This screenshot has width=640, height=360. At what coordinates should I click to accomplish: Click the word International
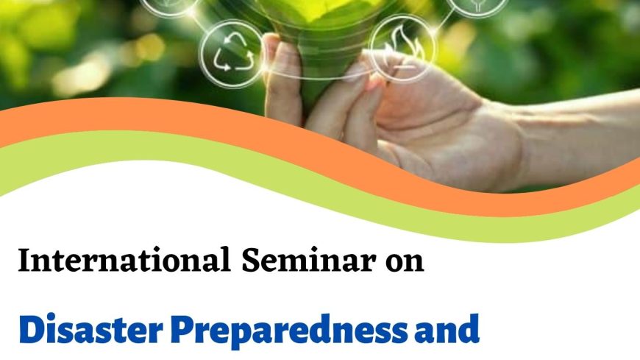(124, 260)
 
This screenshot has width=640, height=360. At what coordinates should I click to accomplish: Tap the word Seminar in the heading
(308, 260)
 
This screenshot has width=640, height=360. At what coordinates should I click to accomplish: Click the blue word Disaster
(91, 329)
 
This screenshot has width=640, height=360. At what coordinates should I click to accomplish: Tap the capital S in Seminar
(250, 260)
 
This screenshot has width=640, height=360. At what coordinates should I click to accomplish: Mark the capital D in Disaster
(32, 329)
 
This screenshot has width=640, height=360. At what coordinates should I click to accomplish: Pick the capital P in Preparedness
(182, 329)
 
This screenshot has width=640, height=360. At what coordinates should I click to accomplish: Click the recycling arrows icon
(230, 54)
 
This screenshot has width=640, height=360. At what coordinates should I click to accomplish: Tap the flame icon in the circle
(402, 47)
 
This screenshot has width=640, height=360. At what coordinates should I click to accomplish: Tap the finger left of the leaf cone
(282, 77)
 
